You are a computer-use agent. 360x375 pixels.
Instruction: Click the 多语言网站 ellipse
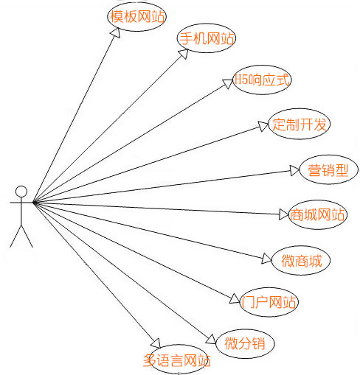click(x=178, y=346)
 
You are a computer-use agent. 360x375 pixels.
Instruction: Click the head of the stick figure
click(x=21, y=192)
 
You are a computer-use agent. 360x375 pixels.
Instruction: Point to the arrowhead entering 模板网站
click(x=116, y=33)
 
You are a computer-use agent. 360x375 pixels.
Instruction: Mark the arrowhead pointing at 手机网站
click(x=184, y=54)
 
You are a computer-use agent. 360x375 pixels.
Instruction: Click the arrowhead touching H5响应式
click(x=228, y=83)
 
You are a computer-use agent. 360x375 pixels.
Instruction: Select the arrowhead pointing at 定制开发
click(x=263, y=126)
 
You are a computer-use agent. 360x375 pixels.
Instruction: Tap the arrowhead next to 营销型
click(x=294, y=170)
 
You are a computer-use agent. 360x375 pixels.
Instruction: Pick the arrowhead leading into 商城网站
click(x=283, y=214)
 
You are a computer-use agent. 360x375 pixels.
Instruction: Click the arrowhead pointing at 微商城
click(x=266, y=259)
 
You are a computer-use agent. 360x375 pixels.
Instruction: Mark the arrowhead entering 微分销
click(x=211, y=340)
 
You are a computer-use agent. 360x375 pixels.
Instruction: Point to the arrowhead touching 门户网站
click(x=235, y=298)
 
